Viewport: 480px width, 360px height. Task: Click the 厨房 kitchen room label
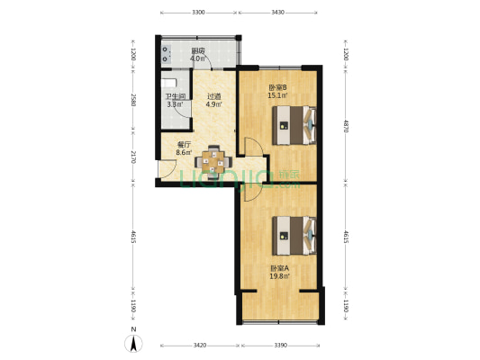198,51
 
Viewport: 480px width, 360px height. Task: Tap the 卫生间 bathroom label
175,96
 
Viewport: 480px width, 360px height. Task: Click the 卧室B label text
278,87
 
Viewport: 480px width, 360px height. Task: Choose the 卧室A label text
279,268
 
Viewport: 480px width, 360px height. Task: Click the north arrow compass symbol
133,341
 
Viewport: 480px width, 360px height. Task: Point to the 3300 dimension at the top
199,13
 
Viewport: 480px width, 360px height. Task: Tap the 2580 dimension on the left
133,100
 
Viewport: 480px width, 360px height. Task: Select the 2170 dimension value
133,157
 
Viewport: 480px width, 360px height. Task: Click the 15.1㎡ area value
278,95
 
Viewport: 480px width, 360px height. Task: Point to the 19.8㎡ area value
279,276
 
